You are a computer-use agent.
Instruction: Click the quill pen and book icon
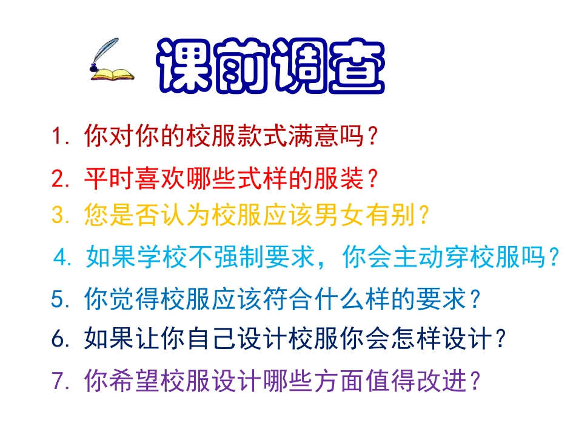click(112, 61)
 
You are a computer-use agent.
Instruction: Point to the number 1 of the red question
click(59, 137)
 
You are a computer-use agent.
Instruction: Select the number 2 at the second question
click(59, 179)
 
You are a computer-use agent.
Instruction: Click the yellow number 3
click(59, 215)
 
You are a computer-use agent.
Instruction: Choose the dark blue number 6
click(59, 339)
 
